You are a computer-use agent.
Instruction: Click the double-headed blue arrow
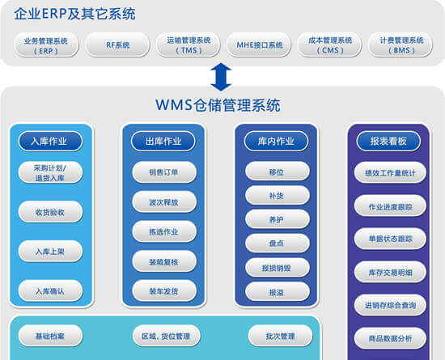click(221, 77)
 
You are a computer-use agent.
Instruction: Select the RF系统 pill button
click(117, 44)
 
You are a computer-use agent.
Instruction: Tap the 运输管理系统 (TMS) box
click(189, 44)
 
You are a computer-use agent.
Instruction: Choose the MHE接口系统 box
click(259, 44)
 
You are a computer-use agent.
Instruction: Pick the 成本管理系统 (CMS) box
click(330, 44)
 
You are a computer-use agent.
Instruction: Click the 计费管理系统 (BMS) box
click(400, 44)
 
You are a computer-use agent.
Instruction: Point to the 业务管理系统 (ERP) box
click(46, 44)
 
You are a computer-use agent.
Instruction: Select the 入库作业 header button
click(50, 141)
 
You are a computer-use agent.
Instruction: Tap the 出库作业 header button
click(163, 141)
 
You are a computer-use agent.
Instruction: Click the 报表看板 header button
click(388, 141)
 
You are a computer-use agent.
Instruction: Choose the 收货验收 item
click(50, 212)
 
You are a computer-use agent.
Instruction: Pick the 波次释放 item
click(164, 201)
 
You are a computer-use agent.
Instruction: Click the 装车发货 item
click(164, 290)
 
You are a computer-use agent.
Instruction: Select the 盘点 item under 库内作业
click(278, 243)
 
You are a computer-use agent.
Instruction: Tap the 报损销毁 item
click(278, 268)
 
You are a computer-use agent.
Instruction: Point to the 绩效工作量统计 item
click(390, 172)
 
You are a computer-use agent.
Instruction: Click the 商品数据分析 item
click(390, 338)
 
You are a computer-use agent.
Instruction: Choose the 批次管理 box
click(281, 336)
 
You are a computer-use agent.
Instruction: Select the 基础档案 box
click(50, 336)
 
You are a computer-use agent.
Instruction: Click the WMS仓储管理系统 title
click(218, 105)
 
